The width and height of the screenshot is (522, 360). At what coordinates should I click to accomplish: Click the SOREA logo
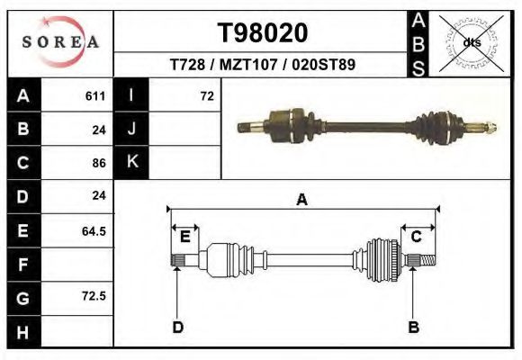[60, 41]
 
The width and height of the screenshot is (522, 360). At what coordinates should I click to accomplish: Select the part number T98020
[263, 33]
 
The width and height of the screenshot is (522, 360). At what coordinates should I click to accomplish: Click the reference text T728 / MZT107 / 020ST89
[263, 66]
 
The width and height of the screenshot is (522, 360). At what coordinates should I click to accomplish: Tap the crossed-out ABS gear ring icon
[472, 42]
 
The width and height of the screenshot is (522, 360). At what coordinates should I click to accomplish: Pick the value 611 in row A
[95, 96]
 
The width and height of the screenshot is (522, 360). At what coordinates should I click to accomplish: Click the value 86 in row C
[99, 163]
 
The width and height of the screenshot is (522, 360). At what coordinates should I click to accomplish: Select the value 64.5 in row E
[94, 230]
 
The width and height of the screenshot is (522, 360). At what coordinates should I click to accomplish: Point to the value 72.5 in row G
[94, 296]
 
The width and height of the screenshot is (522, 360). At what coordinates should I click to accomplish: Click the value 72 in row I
[207, 96]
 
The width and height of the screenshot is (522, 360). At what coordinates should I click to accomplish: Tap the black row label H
[23, 331]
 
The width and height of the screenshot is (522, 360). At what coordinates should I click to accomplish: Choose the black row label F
[23, 264]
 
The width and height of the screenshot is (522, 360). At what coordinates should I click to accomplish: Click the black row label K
[131, 162]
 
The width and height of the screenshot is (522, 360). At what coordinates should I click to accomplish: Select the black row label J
[131, 129]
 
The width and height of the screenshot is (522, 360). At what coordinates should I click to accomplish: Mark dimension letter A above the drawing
[301, 201]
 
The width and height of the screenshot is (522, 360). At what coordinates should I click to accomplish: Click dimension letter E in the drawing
[184, 237]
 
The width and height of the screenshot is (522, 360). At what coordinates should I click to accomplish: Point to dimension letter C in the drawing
[417, 237]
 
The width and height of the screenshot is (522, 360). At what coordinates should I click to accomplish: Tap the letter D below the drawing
[178, 327]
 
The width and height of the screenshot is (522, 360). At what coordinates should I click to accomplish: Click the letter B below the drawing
[414, 327]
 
